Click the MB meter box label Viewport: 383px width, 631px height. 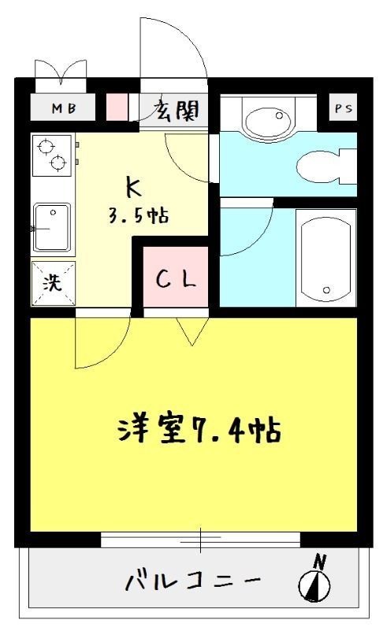(64, 109)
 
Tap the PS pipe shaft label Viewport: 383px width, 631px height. (344, 109)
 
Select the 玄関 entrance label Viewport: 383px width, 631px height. (175, 109)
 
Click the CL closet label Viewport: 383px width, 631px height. (175, 280)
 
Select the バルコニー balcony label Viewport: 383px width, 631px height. (192, 582)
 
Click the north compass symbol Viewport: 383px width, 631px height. (314, 585)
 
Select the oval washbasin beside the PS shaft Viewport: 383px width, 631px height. (268, 119)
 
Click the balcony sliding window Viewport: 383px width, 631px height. (200, 540)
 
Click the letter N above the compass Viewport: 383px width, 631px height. (319, 562)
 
